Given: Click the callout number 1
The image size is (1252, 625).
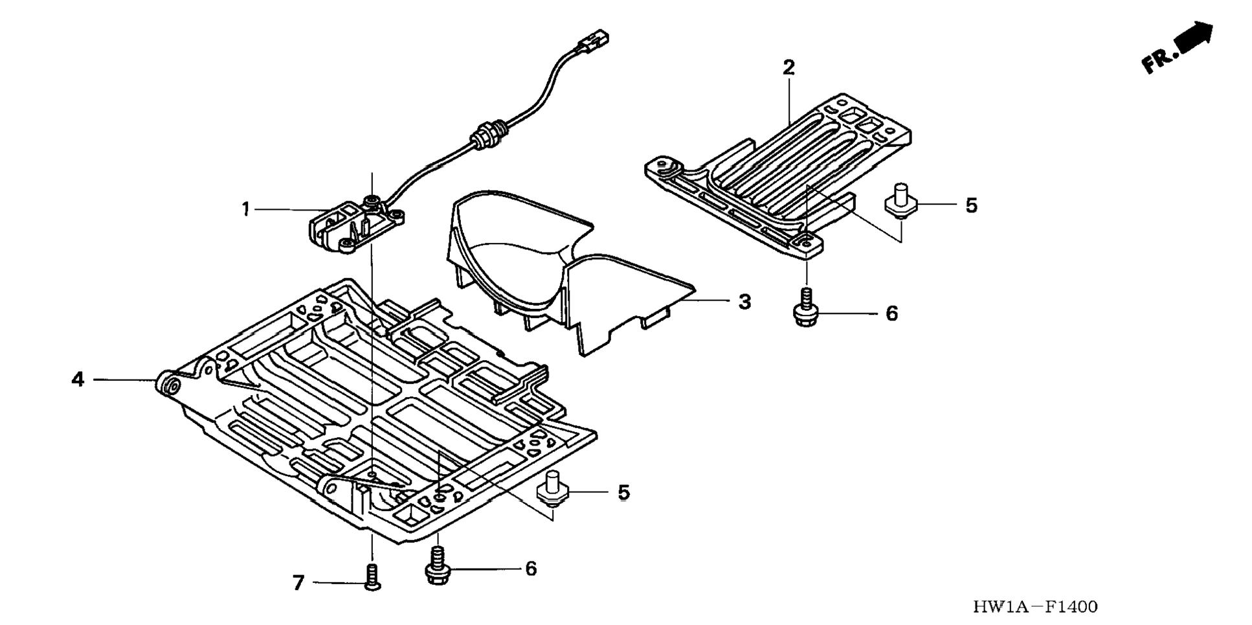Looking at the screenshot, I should [246, 209].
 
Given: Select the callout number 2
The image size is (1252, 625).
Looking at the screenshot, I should [788, 67].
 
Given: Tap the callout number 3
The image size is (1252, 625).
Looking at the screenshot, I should [744, 302].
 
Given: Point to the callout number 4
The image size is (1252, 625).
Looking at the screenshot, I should [78, 379].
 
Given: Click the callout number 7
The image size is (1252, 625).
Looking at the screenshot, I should [298, 584].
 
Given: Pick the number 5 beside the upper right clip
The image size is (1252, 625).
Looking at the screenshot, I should [971, 205].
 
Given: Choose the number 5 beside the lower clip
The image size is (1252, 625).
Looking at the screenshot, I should [623, 492].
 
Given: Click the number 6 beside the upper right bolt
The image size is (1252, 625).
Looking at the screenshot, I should [892, 313].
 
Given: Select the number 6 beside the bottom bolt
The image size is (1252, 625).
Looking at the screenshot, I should [531, 569].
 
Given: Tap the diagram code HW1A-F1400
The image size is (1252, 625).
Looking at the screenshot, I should [1035, 607].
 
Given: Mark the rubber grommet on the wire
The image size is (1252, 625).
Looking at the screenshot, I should [483, 134].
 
